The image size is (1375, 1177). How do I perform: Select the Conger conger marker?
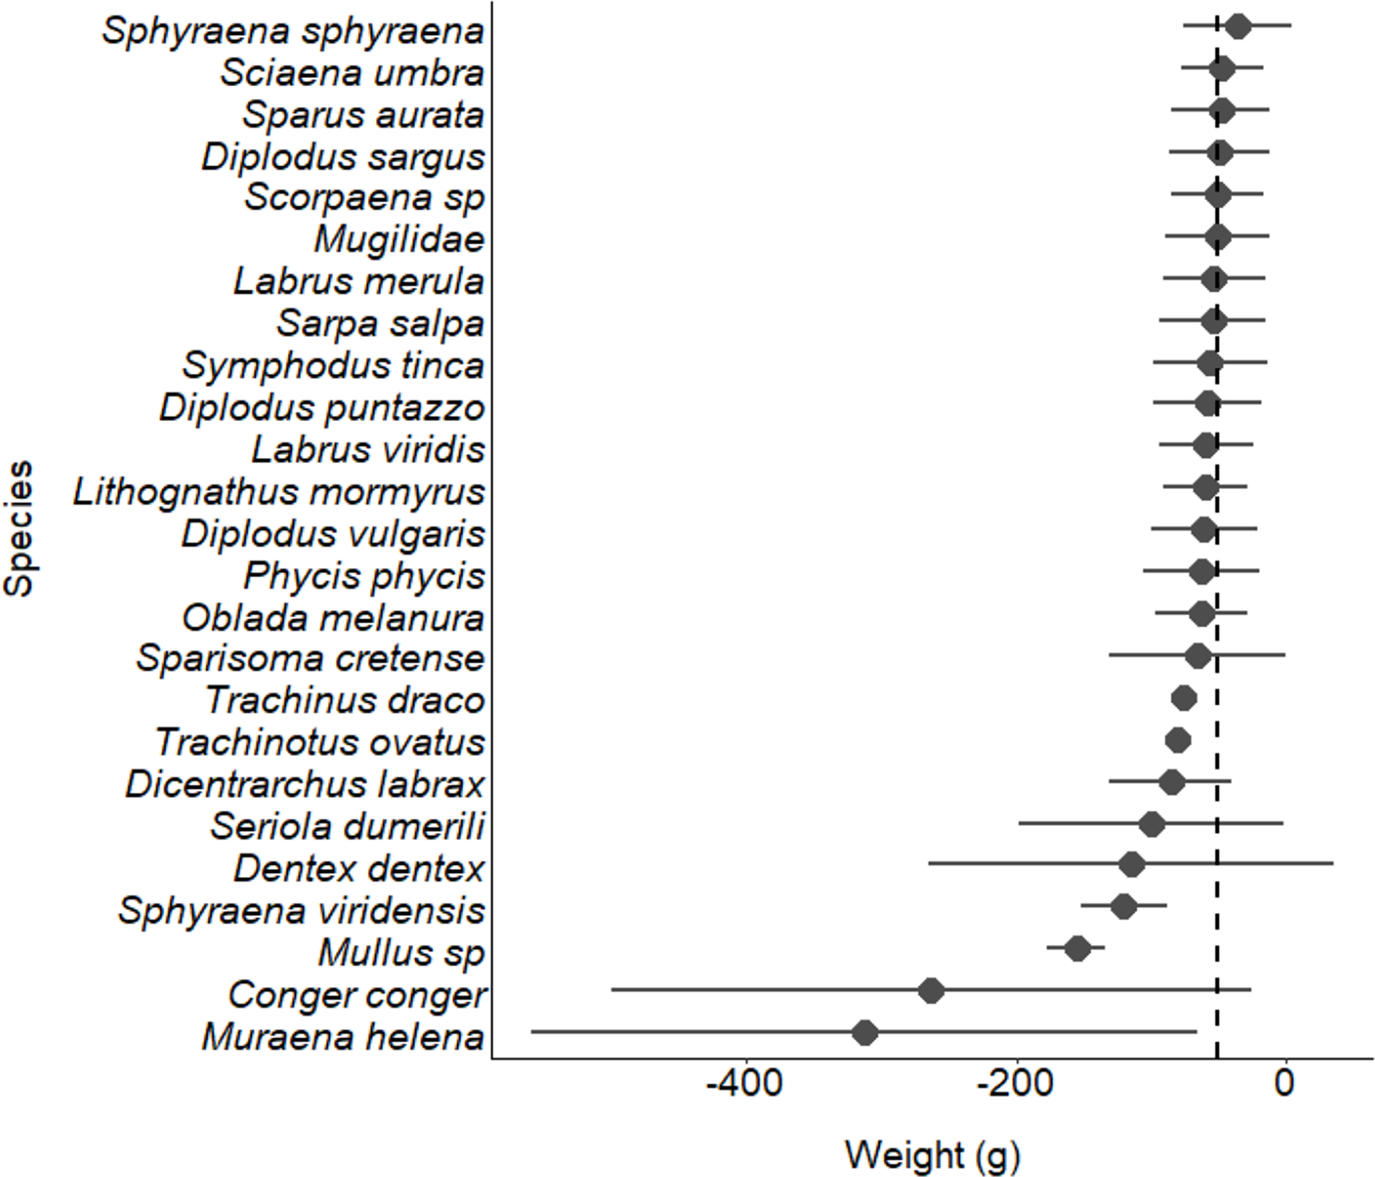(931, 990)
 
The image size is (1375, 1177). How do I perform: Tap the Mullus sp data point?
(1077, 949)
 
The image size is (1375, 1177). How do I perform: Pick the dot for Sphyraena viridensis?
(1124, 906)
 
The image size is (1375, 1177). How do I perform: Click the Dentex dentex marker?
(1132, 865)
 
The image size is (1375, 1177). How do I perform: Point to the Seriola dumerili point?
(1152, 824)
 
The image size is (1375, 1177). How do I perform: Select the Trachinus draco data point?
(1184, 698)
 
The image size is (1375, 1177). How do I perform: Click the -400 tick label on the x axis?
(744, 1084)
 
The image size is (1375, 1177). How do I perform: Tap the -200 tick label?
(1014, 1084)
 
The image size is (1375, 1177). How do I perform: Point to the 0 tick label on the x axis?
(1284, 1084)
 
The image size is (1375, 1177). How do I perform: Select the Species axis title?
(19, 528)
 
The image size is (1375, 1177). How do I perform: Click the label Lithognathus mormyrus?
(279, 492)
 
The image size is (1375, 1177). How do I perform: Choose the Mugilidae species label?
(399, 240)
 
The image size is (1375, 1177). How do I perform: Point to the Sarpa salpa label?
(380, 324)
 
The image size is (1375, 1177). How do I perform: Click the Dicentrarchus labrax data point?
(1171, 782)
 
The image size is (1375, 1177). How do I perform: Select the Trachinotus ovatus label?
(320, 743)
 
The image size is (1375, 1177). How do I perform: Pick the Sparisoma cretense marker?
(1198, 656)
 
